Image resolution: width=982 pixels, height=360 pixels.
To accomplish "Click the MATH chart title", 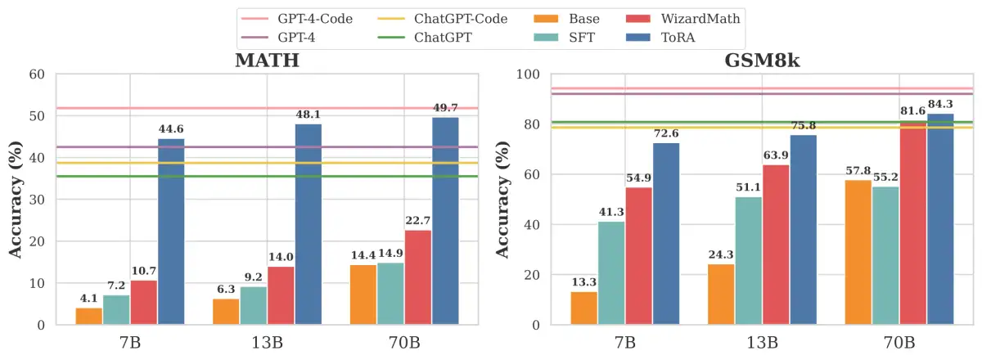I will click(x=267, y=61).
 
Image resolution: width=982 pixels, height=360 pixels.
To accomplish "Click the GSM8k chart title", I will click(x=751, y=61).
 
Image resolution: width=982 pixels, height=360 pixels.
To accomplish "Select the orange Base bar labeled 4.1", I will click(x=89, y=316).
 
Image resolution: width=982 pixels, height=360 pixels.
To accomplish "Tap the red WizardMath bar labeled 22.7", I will click(x=418, y=277).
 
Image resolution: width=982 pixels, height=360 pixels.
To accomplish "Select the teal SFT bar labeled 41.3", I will click(x=611, y=273).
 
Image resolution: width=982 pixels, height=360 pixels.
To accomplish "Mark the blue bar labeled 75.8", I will click(x=803, y=230).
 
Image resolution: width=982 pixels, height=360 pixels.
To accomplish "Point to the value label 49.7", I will click(x=446, y=109).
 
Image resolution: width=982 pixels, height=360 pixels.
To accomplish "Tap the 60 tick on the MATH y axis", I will click(x=37, y=74).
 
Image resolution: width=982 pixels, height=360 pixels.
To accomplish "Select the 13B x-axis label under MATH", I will click(x=267, y=342).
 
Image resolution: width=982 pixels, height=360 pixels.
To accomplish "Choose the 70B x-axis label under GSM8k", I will click(x=899, y=342).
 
